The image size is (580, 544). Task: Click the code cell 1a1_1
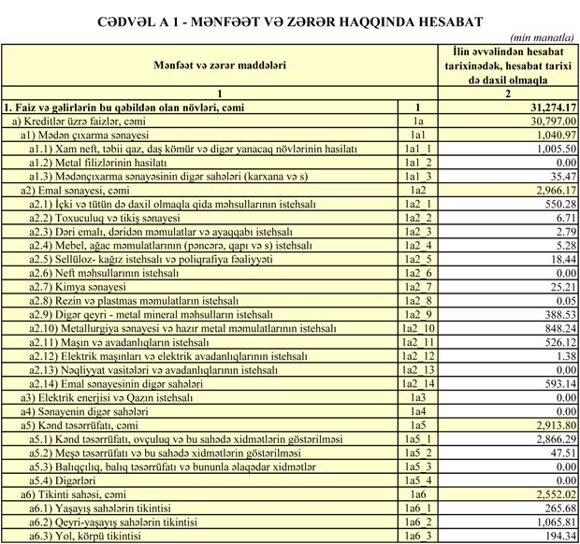click(418, 149)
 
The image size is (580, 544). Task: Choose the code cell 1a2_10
click(418, 328)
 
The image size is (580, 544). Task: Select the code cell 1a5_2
click(418, 452)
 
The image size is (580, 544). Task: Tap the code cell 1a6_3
click(418, 537)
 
